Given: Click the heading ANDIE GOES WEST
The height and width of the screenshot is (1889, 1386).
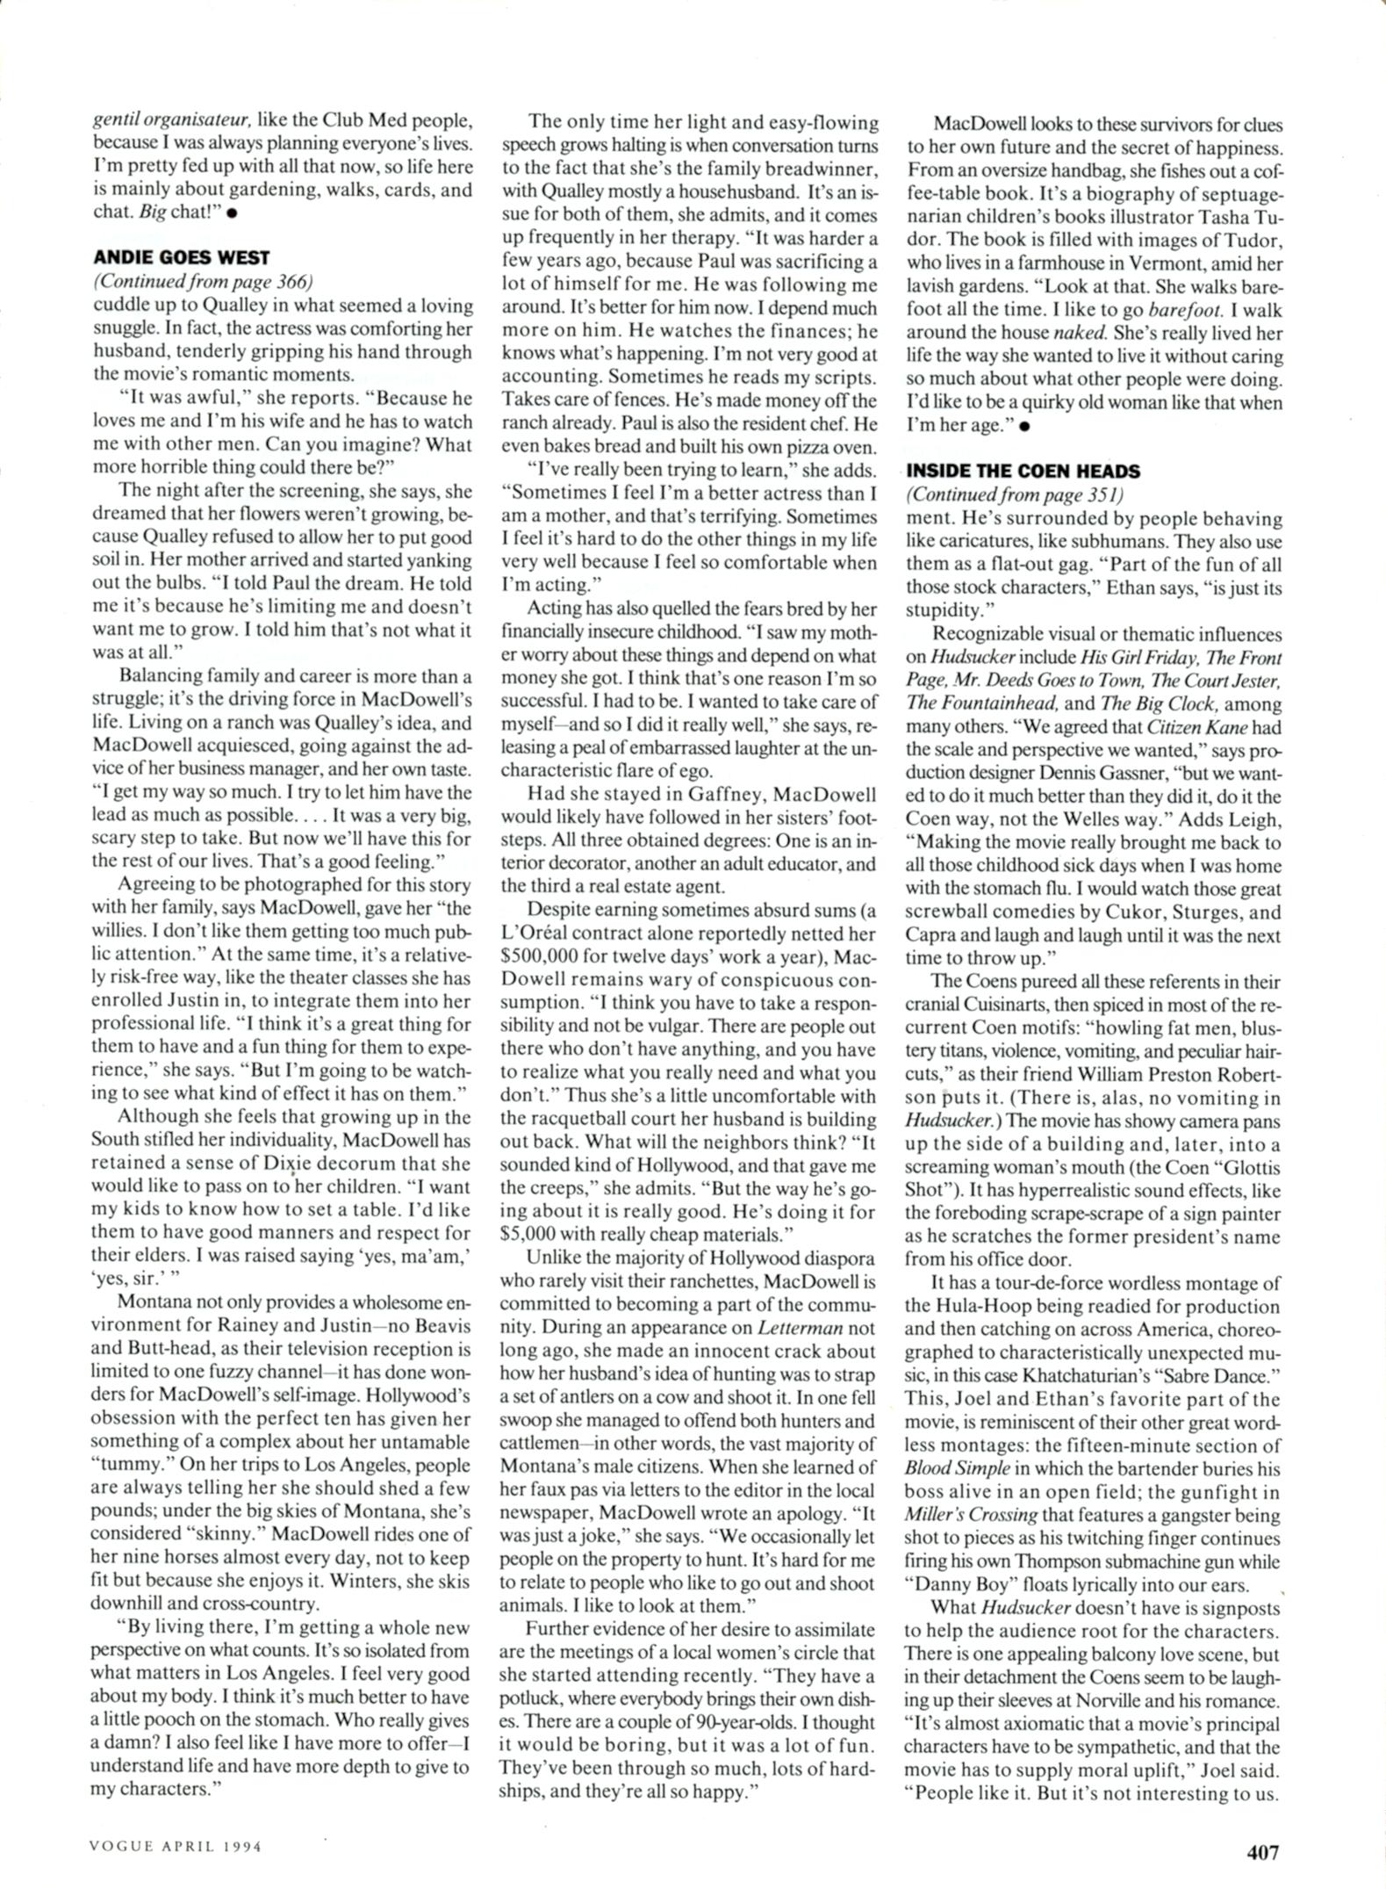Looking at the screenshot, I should (x=181, y=257).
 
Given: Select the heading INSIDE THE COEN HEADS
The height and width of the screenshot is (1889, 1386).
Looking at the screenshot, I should (x=1023, y=471).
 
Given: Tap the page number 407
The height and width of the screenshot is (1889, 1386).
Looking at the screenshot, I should (x=1263, y=1852).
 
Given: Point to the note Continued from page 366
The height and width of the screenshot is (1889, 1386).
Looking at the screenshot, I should (x=203, y=282).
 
